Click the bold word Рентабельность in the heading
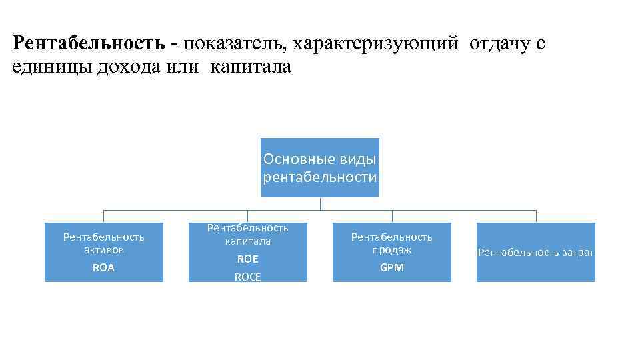click(x=88, y=44)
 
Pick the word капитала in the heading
click(x=251, y=68)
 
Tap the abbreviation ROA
click(x=103, y=267)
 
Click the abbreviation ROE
click(x=247, y=259)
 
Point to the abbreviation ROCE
click(x=247, y=277)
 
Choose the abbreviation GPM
click(x=391, y=267)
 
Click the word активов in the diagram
click(x=103, y=250)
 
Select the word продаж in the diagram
click(x=391, y=250)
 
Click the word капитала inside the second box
click(x=247, y=241)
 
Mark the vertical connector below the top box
click(x=319, y=203)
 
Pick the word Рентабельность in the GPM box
click(x=391, y=237)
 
